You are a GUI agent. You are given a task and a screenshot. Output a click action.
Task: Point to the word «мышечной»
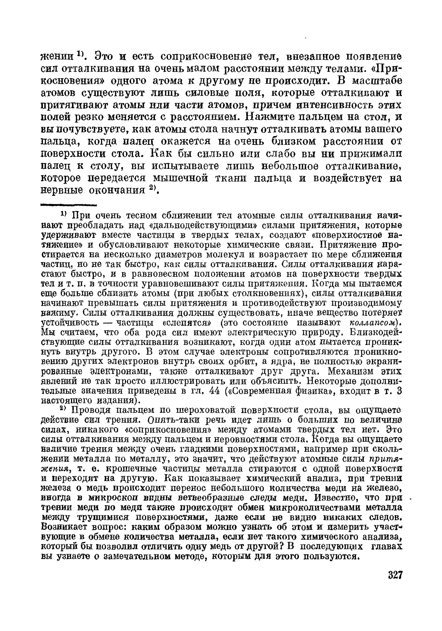180,178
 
